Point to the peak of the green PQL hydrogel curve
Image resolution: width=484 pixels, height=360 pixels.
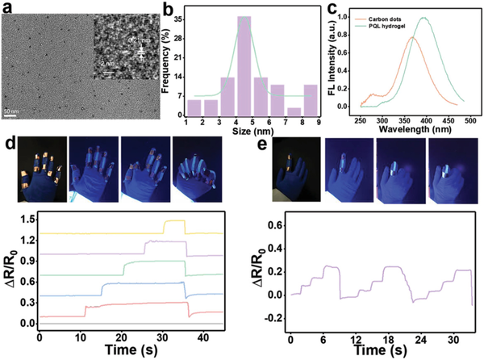point(423,19)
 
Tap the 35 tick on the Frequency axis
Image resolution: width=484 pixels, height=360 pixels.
point(179,17)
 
